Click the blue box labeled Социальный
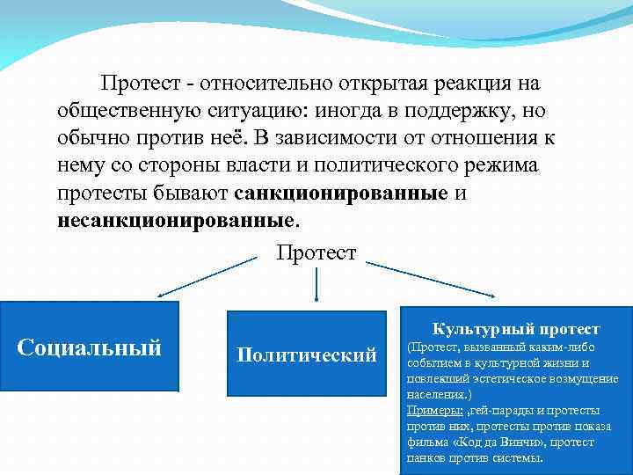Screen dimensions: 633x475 pyautogui.click(x=89, y=347)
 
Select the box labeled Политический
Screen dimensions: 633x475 pyautogui.click(x=306, y=355)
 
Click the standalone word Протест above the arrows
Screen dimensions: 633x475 pyautogui.click(x=316, y=253)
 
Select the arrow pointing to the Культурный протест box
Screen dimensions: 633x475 pyautogui.click(x=431, y=280)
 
